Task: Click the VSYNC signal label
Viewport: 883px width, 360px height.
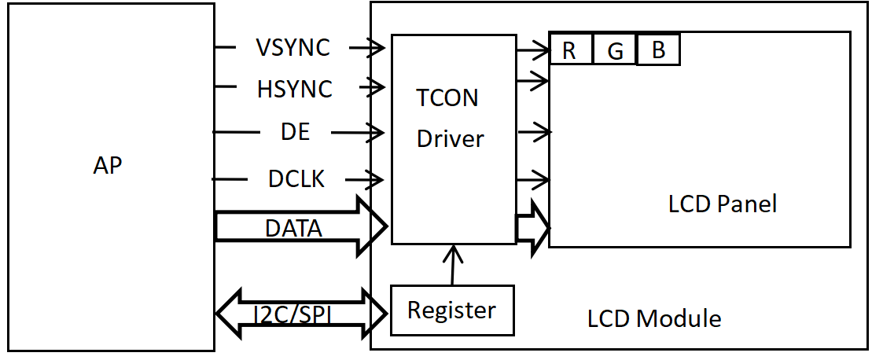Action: (x=292, y=48)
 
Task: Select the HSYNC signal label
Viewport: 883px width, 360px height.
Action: (x=294, y=90)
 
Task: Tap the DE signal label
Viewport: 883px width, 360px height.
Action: (x=295, y=133)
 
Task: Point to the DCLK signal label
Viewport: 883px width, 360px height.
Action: (x=296, y=179)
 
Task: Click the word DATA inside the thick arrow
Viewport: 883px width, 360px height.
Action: (x=293, y=229)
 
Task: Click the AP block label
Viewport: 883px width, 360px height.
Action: (x=108, y=166)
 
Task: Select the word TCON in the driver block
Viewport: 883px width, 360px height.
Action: (x=447, y=98)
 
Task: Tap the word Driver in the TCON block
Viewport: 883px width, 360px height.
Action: (x=450, y=139)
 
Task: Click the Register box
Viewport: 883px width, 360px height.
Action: (x=451, y=310)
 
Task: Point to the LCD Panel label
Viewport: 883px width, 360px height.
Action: (x=722, y=204)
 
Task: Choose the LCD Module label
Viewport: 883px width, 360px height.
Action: (x=653, y=318)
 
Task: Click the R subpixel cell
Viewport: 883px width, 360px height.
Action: (x=570, y=50)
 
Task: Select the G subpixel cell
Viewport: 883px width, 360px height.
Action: (x=615, y=50)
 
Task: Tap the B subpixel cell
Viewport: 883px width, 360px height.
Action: (x=658, y=50)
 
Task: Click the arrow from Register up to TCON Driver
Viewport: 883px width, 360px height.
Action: (x=453, y=264)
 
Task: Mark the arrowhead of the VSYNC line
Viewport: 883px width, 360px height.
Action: (x=377, y=48)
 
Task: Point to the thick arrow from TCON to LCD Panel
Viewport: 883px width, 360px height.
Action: (x=532, y=227)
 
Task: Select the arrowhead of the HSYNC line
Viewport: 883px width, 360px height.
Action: (x=377, y=86)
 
